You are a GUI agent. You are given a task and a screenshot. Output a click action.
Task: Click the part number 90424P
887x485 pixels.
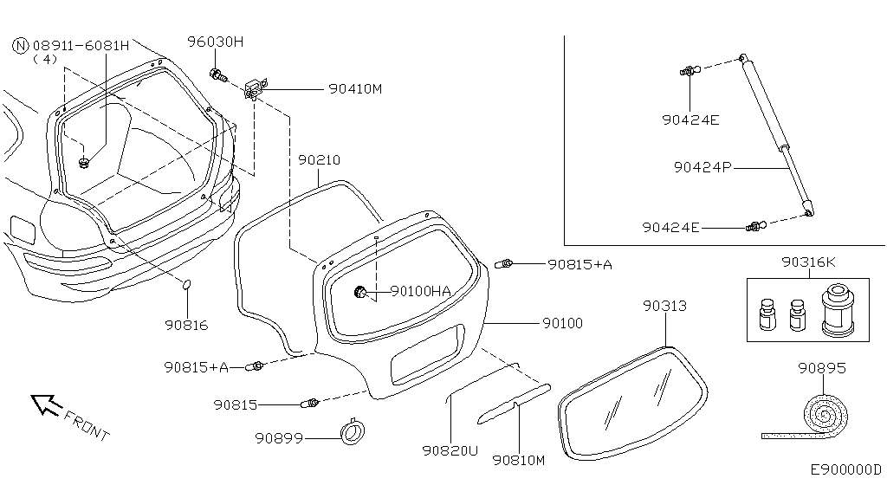tap(702, 167)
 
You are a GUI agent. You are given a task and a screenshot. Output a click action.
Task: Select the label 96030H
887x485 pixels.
tap(216, 42)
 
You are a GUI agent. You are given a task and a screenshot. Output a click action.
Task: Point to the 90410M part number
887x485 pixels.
tap(354, 88)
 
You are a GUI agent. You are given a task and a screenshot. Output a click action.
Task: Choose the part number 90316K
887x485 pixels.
tap(808, 262)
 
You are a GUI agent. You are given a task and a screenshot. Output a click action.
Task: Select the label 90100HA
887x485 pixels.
tap(421, 292)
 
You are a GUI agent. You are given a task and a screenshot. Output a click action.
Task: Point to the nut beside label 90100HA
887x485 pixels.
tap(359, 293)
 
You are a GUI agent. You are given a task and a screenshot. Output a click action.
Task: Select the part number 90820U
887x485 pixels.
tap(450, 450)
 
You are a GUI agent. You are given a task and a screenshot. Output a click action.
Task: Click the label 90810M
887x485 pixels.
tap(517, 460)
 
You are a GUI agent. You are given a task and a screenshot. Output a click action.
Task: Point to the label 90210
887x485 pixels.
tap(319, 160)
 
